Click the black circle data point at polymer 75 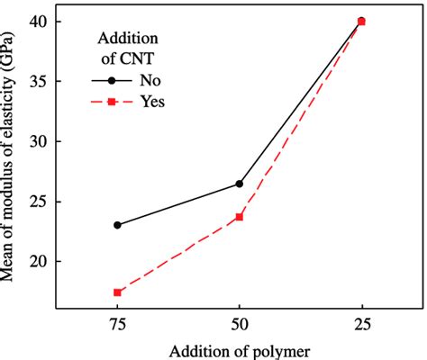tap(117, 225)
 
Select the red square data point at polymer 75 tap(117, 292)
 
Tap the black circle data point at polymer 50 tap(239, 184)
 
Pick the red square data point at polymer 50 tap(239, 217)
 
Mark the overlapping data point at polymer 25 tap(361, 21)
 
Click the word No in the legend tap(150, 79)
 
